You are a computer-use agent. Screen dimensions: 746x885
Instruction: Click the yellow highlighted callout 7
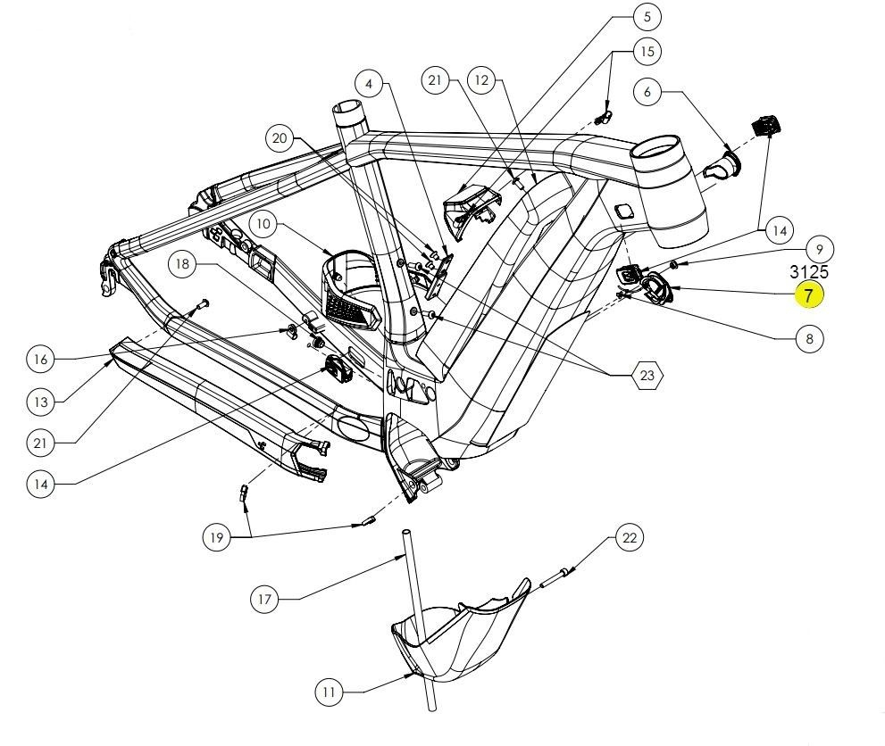point(809,295)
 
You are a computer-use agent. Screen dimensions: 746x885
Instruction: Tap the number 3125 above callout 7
point(809,272)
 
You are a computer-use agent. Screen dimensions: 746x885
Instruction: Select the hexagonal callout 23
point(647,377)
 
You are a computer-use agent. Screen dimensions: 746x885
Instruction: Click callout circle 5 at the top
point(647,16)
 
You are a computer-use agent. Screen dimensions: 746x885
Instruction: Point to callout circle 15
point(647,51)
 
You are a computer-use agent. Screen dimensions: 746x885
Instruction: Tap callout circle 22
point(630,537)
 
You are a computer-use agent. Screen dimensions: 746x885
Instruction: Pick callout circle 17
point(264,600)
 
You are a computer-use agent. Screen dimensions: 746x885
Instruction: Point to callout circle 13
point(41,402)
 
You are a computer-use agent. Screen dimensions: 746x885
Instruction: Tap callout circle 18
point(183,264)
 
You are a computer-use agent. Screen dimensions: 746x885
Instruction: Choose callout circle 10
point(264,224)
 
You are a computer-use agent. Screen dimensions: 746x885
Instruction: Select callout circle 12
point(482,80)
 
